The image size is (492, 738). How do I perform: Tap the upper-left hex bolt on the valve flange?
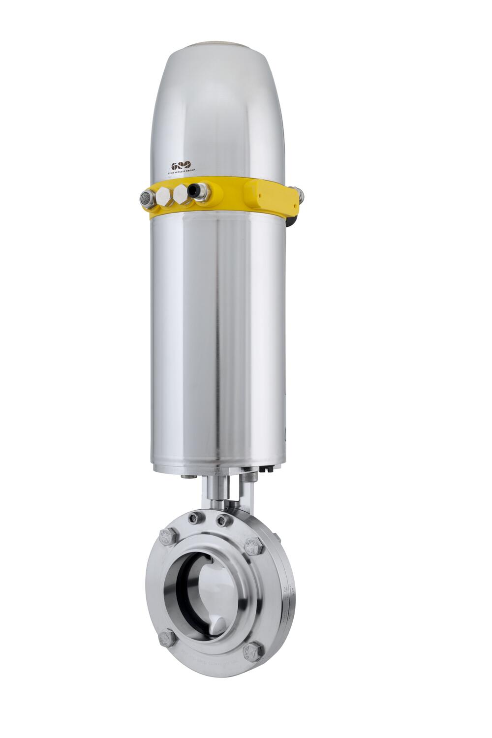(167, 536)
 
